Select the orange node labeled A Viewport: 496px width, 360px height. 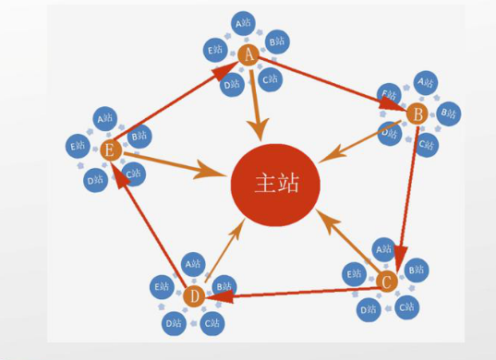click(x=248, y=55)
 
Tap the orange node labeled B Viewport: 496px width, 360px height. click(x=416, y=114)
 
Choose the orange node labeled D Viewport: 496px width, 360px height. click(x=193, y=296)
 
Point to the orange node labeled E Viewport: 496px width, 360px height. click(x=110, y=150)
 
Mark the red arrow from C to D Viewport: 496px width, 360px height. click(x=296, y=293)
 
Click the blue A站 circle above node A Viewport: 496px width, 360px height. click(x=244, y=22)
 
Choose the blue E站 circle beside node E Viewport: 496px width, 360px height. click(x=77, y=146)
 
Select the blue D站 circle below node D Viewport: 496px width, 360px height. click(x=173, y=322)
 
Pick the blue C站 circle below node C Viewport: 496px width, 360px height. click(x=406, y=306)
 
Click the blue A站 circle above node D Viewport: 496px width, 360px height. click(x=192, y=263)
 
